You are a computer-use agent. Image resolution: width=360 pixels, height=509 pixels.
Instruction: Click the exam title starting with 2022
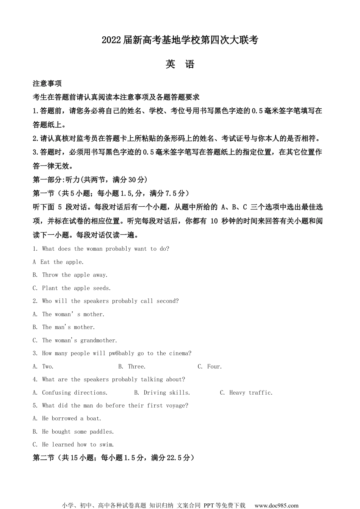point(180,40)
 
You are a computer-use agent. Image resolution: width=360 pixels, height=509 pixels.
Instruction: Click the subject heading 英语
point(180,64)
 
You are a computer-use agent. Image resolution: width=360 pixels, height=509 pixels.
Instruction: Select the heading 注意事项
point(47,83)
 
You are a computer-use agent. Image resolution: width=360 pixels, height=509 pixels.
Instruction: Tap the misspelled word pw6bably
point(121,353)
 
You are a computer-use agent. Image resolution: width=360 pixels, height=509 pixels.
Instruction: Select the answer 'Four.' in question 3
point(214,367)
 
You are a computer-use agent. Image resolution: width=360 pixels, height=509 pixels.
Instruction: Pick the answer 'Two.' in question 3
point(48,367)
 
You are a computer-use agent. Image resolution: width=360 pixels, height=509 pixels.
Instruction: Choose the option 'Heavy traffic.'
point(251,393)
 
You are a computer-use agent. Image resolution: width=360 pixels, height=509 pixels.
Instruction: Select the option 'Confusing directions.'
point(75,393)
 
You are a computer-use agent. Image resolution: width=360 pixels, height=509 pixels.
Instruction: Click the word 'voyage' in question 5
point(177,406)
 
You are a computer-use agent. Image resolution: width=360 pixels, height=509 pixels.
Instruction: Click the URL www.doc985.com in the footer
point(276,505)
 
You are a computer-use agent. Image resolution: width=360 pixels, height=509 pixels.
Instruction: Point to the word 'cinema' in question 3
point(179,353)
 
